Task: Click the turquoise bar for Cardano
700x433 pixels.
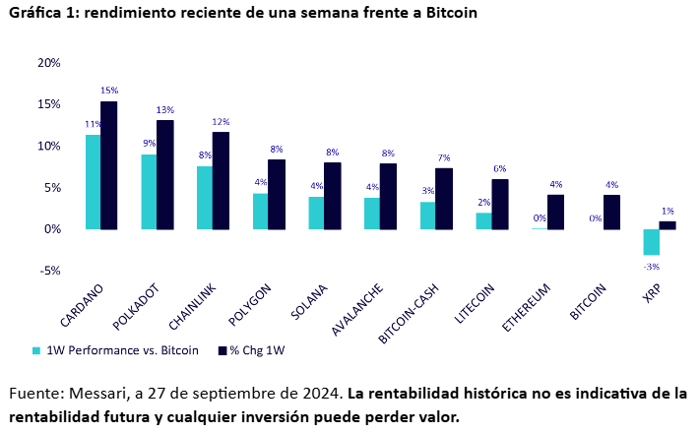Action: pos(93,182)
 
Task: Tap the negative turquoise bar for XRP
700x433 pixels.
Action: pos(651,242)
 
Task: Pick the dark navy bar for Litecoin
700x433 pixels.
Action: pos(500,205)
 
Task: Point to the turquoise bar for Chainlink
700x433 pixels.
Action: pos(204,198)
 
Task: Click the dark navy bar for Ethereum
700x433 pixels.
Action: pos(556,212)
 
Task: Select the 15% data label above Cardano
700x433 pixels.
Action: pos(109,91)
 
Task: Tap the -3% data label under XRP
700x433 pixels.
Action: pos(651,266)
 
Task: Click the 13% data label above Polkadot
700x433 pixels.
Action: pos(165,109)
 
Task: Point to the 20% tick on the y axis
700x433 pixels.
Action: pos(48,63)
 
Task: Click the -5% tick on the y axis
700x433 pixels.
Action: pos(48,271)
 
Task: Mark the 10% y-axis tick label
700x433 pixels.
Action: pos(48,146)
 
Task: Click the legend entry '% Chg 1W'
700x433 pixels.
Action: pos(257,350)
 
